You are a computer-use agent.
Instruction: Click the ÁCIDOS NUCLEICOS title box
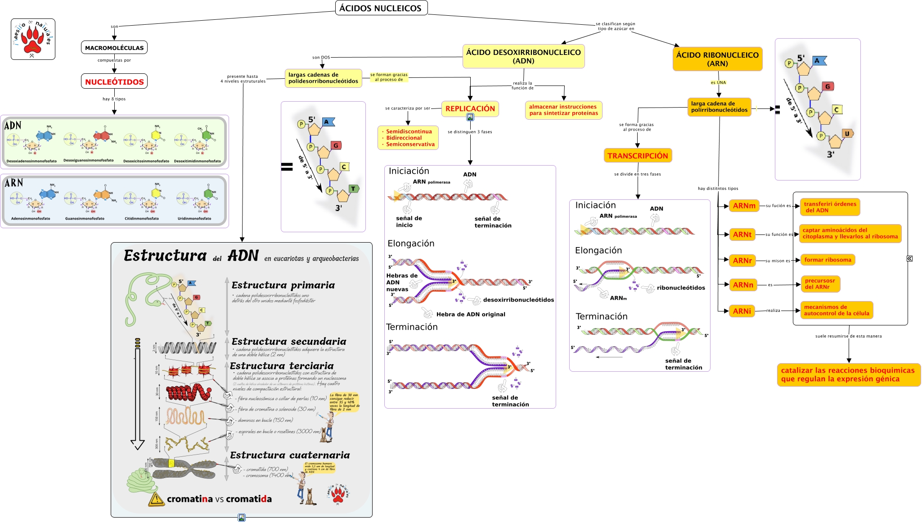(381, 8)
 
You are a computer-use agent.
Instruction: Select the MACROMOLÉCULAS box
(114, 48)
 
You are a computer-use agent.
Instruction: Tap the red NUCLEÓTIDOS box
(114, 82)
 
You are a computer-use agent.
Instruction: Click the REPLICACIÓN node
(470, 108)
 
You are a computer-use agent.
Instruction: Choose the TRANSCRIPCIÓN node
(638, 156)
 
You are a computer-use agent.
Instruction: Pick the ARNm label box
(744, 206)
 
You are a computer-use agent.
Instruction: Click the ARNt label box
(742, 234)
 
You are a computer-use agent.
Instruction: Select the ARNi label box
(742, 311)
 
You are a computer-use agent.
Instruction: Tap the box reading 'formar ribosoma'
(828, 260)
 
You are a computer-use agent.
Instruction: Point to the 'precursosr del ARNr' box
(820, 284)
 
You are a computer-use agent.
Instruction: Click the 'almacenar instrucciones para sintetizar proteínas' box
(563, 110)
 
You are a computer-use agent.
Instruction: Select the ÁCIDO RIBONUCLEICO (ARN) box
(717, 59)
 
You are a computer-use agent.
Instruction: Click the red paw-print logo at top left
(33, 39)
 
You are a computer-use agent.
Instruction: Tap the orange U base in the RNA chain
(847, 134)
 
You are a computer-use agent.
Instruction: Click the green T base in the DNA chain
(353, 189)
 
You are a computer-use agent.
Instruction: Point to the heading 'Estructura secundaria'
(289, 342)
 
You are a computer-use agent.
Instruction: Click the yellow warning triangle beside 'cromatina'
(156, 499)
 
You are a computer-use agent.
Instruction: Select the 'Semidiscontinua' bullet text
(409, 131)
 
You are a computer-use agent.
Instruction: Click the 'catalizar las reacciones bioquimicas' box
(848, 374)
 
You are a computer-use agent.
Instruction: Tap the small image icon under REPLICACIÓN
(470, 117)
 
